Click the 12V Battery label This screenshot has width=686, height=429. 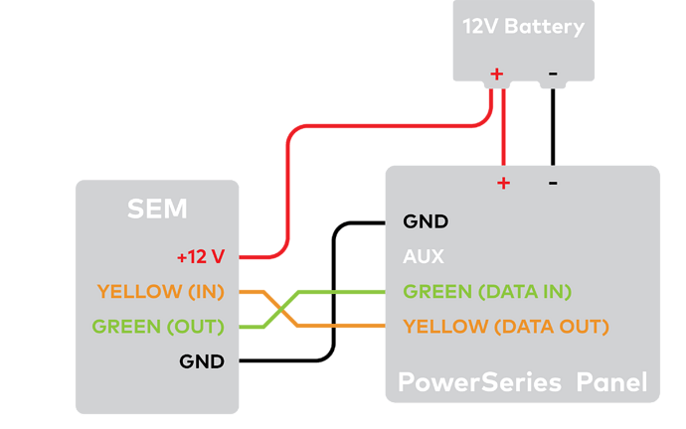tap(523, 27)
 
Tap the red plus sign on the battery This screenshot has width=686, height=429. tap(497, 72)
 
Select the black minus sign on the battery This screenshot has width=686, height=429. tap(552, 72)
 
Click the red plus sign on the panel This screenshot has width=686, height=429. tap(503, 182)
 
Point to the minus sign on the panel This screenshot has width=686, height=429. tap(553, 182)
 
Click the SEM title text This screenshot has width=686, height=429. tap(157, 209)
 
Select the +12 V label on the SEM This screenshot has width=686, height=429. tap(201, 256)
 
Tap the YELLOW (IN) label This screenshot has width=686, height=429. tap(161, 291)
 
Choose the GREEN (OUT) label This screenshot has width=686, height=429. tap(158, 326)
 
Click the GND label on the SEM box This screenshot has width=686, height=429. tap(202, 360)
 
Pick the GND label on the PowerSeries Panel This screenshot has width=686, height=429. tap(426, 221)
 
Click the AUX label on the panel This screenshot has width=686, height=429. tap(423, 256)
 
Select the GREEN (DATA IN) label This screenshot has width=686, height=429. tap(487, 291)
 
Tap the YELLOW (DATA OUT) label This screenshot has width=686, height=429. tap(505, 326)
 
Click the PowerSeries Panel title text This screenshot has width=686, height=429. tap(522, 382)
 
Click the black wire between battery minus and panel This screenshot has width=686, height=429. tap(553, 129)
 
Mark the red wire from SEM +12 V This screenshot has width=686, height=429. tap(288, 199)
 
